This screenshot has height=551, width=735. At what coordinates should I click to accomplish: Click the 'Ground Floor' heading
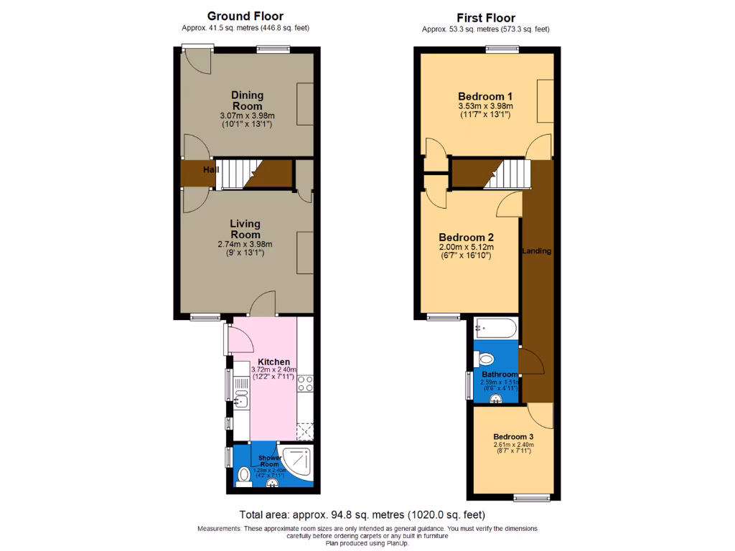click(x=245, y=16)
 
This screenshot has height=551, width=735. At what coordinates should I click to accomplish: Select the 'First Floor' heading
click(x=486, y=18)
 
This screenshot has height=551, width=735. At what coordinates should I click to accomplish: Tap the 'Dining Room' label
click(x=247, y=100)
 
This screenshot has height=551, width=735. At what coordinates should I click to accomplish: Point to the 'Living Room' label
click(x=245, y=230)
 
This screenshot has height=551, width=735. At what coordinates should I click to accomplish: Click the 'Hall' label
click(x=210, y=170)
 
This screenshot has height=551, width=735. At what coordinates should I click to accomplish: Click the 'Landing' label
click(x=536, y=251)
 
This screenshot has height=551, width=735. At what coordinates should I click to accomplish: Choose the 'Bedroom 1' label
click(x=485, y=96)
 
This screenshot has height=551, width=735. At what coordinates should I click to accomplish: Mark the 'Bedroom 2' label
click(x=466, y=237)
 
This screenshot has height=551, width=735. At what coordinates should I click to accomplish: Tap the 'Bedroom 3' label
click(x=512, y=436)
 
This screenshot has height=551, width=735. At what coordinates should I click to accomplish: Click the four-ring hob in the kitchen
click(x=304, y=384)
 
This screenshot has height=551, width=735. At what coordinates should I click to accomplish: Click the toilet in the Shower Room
click(x=244, y=475)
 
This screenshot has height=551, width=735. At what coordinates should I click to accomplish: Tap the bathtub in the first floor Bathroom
click(x=495, y=329)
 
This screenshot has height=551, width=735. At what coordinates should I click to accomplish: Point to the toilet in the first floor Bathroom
click(x=485, y=359)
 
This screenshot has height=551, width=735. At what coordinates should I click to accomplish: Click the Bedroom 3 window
click(x=532, y=497)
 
